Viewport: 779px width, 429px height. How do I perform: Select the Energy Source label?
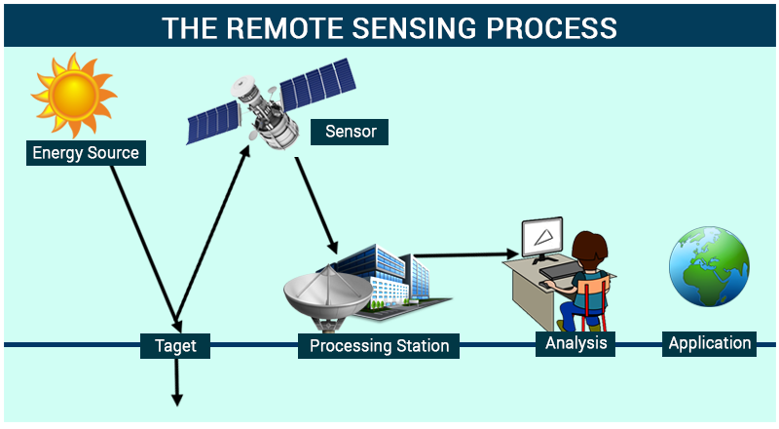(x=86, y=153)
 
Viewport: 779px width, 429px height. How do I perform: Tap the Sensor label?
(x=350, y=132)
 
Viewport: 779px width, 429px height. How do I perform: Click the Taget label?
(x=175, y=345)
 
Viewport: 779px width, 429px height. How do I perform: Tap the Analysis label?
(x=575, y=343)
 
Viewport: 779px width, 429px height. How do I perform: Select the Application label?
(x=710, y=343)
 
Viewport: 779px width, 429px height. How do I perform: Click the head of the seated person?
(x=588, y=250)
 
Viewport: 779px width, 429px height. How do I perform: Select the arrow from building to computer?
(x=463, y=256)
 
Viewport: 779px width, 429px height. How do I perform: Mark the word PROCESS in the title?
(x=546, y=27)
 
